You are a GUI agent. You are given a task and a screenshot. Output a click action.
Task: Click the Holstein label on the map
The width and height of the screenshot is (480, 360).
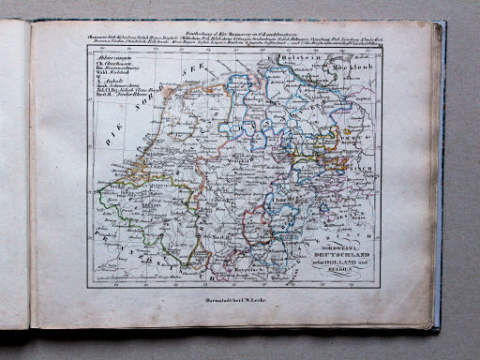[322, 58]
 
